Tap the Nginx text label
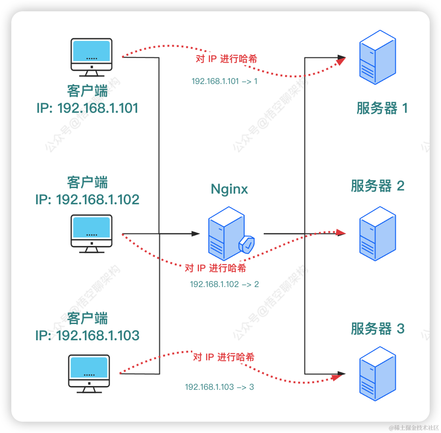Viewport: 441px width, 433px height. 229,189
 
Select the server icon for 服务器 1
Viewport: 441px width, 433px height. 377,57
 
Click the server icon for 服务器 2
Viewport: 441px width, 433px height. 377,234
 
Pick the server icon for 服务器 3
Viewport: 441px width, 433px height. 377,374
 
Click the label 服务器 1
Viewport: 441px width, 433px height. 382,109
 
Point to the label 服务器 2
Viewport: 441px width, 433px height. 377,186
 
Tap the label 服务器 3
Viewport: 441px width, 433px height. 377,329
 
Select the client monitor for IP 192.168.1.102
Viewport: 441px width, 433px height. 91,233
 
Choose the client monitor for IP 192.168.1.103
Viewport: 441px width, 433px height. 89,373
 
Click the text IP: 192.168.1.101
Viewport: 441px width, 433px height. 87,108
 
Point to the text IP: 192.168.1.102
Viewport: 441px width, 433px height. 87,200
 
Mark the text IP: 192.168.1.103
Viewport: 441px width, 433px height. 87,336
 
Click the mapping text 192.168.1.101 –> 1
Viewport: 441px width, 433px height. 225,81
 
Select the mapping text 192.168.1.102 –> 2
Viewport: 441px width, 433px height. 224,284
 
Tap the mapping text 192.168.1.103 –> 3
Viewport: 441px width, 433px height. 219,387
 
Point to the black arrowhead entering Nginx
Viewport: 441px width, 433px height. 196,234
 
